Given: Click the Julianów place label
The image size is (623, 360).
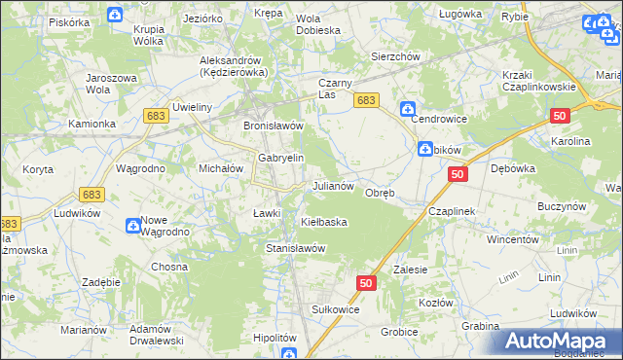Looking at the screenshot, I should (x=338, y=185).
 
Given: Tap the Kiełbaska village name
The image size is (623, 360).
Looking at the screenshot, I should (x=323, y=222).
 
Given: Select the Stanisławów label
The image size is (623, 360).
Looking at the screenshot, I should (x=295, y=248).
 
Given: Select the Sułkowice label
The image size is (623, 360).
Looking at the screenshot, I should (x=336, y=308).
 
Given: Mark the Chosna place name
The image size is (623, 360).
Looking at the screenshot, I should (x=168, y=267).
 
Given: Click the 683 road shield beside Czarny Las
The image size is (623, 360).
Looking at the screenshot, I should (x=366, y=100).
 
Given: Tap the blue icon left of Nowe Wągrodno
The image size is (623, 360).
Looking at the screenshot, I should (x=131, y=226).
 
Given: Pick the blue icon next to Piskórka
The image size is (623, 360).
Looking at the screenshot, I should (x=115, y=15).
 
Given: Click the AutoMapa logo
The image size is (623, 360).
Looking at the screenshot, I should (x=563, y=342).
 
